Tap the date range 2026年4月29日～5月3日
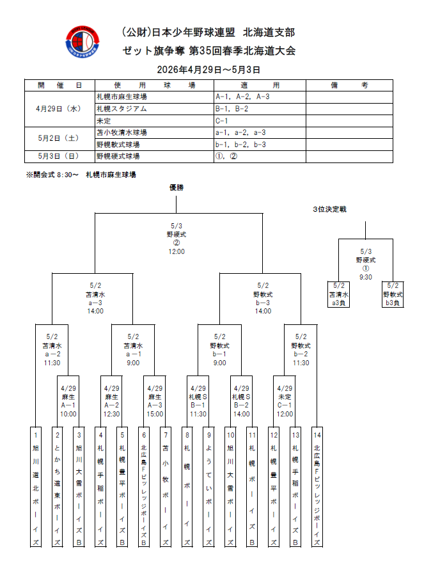[x=208, y=69]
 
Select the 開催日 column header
[x=59, y=85]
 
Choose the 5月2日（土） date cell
[x=59, y=138]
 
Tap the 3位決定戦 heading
[x=329, y=209]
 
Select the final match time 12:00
[x=177, y=251]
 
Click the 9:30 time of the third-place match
[x=365, y=277]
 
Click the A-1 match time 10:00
[x=68, y=414]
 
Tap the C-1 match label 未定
[x=285, y=397]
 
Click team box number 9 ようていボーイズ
[x=208, y=486]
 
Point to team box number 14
[x=317, y=486]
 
